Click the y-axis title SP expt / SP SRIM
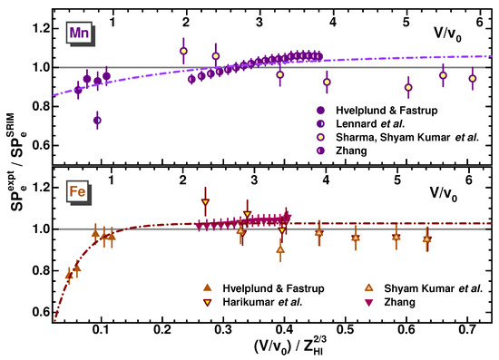[x=13, y=172]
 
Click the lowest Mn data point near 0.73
[x=97, y=120]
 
